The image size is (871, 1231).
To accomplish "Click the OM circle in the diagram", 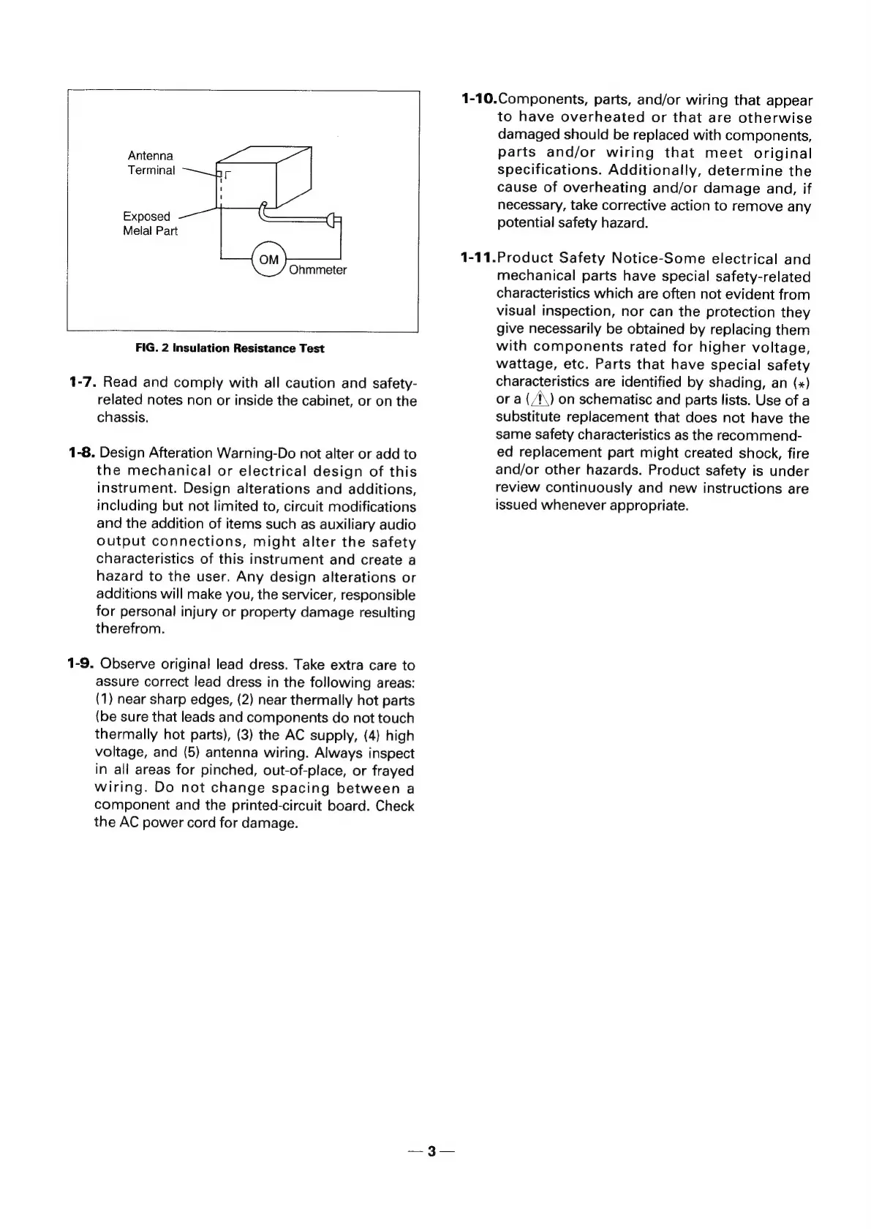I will tap(269, 260).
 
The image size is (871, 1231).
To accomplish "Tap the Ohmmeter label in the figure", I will tap(317, 271).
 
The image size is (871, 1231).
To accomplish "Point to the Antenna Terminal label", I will tap(151, 163).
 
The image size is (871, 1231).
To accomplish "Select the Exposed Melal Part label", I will tap(149, 224).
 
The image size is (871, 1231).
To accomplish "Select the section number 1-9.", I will tap(80, 664).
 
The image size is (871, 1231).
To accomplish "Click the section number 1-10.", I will tap(479, 100).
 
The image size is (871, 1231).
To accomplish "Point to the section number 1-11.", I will tap(478, 259).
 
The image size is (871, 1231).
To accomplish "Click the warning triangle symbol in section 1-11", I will tap(538, 399).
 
